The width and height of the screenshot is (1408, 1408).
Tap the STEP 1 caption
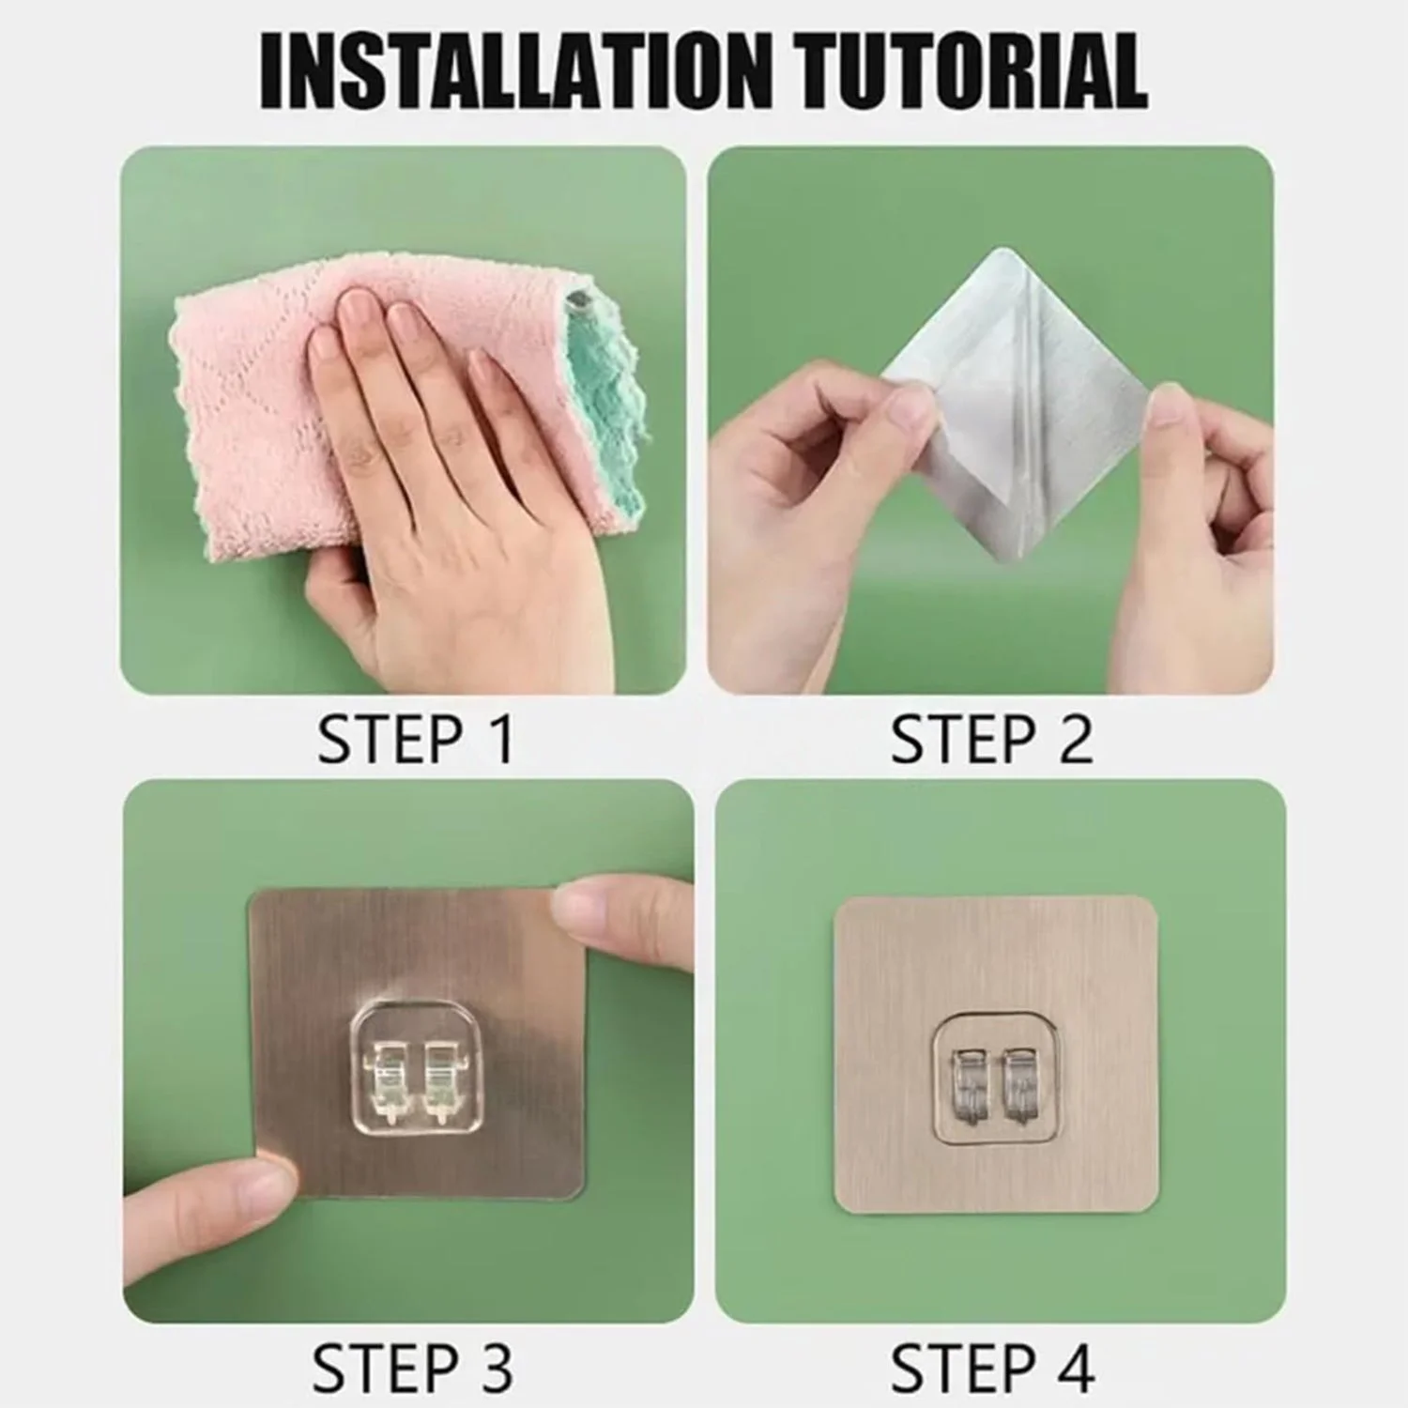(x=416, y=740)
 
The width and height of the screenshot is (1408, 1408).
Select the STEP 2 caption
(x=991, y=740)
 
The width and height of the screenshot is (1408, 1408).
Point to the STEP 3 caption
(x=412, y=1369)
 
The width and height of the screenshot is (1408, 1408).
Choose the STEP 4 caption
(x=992, y=1369)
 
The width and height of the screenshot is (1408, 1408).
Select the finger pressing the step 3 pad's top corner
(x=620, y=909)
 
